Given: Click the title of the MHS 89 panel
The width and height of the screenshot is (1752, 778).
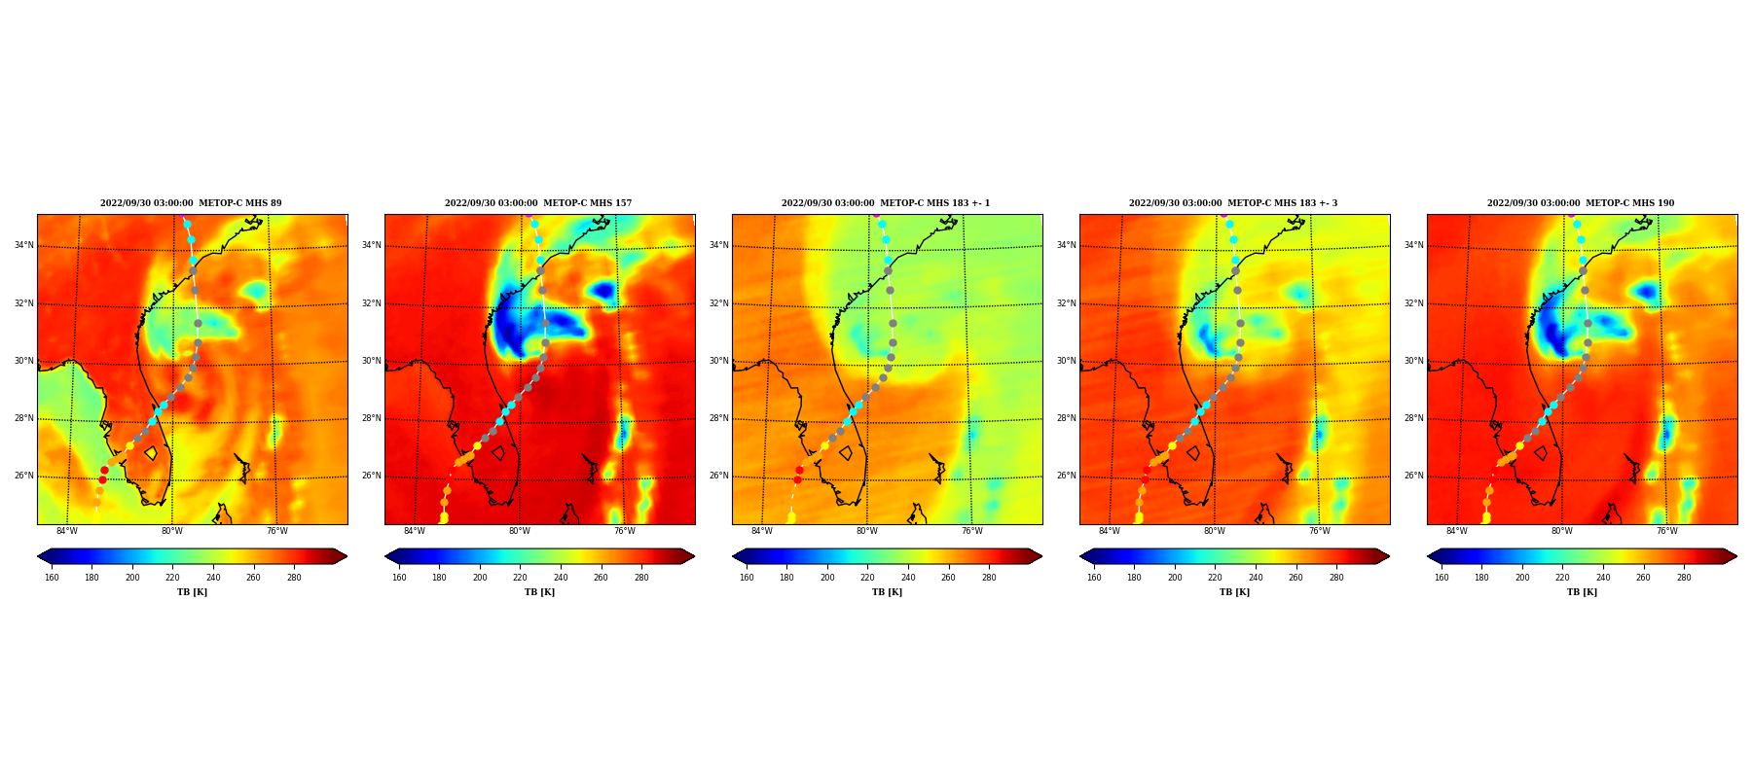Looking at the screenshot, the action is [x=191, y=203].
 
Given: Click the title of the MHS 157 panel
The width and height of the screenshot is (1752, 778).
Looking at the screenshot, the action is [x=538, y=203].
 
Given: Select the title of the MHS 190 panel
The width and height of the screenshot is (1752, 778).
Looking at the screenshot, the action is [x=1581, y=203].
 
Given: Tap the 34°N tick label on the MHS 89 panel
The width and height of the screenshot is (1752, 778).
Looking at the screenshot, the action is [x=23, y=245].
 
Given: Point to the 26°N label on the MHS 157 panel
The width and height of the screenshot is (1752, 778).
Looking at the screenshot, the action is [x=371, y=477].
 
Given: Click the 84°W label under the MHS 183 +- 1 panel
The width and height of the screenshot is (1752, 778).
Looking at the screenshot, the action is [x=762, y=531].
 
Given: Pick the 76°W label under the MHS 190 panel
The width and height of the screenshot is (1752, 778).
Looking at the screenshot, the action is [x=1667, y=531].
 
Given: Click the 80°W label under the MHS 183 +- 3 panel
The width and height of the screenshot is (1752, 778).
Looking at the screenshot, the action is [x=1215, y=531].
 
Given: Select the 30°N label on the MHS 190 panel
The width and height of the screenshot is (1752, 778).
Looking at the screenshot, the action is [x=1413, y=361].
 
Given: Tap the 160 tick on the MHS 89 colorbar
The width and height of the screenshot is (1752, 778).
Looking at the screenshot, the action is [x=52, y=578].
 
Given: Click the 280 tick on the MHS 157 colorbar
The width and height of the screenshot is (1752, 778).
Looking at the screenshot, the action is [x=641, y=578].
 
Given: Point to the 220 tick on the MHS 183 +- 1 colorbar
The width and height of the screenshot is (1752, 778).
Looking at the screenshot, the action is [x=867, y=578].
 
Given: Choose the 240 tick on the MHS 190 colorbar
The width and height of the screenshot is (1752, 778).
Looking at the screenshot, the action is [x=1603, y=578].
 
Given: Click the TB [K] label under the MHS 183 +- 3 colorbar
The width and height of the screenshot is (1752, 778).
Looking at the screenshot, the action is [x=1235, y=592].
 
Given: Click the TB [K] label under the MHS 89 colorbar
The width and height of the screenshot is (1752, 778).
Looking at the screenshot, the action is [x=193, y=592].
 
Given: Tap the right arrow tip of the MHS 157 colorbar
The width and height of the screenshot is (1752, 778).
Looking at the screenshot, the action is [x=695, y=556].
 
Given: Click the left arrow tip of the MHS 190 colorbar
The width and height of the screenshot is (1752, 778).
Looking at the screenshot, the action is [x=1428, y=556].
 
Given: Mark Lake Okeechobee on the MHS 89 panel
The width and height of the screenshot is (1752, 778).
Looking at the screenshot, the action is [x=151, y=453].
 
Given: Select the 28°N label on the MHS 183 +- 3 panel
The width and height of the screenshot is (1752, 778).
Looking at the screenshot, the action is [x=1066, y=418].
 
